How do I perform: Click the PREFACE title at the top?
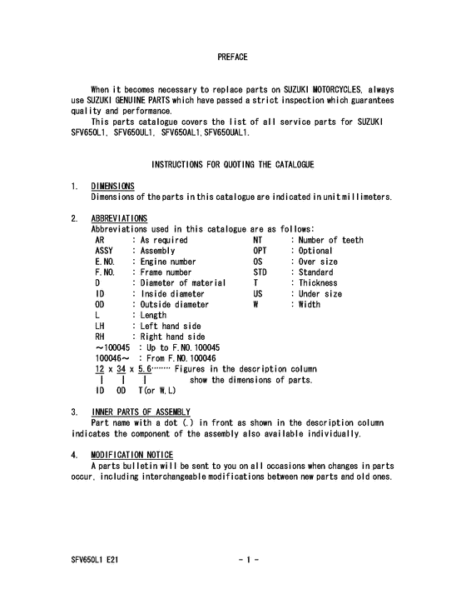[232, 57]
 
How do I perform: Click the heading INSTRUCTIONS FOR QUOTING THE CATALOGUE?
[232, 165]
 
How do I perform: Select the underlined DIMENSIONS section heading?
[113, 186]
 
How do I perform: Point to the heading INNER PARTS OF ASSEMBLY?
[141, 412]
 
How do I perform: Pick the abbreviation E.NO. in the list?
[106, 262]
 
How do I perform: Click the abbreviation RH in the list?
[101, 337]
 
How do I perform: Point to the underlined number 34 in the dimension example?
[121, 369]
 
